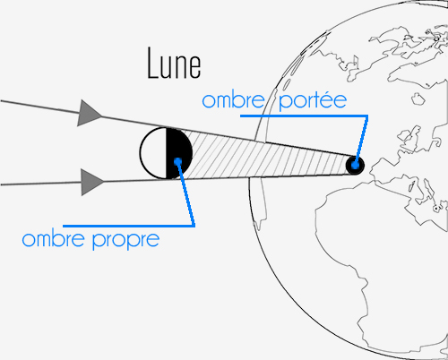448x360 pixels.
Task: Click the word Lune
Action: pos(174,64)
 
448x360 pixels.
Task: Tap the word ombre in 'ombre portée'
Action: pos(233,100)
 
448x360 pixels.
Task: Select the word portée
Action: pos(313,101)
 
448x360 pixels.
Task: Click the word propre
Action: pos(125,241)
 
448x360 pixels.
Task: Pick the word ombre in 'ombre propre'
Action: pos(53,239)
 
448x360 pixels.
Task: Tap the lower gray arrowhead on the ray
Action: pos(92,182)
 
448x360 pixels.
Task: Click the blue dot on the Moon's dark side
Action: pos(177,161)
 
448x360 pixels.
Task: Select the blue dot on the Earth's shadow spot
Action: pos(355,165)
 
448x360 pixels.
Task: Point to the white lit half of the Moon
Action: pos(153,153)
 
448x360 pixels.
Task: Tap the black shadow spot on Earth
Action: pos(355,165)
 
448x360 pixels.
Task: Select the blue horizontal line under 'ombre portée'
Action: pos(304,116)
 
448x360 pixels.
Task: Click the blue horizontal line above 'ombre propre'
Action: pos(129,226)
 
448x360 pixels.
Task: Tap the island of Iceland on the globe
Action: pos(418,99)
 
